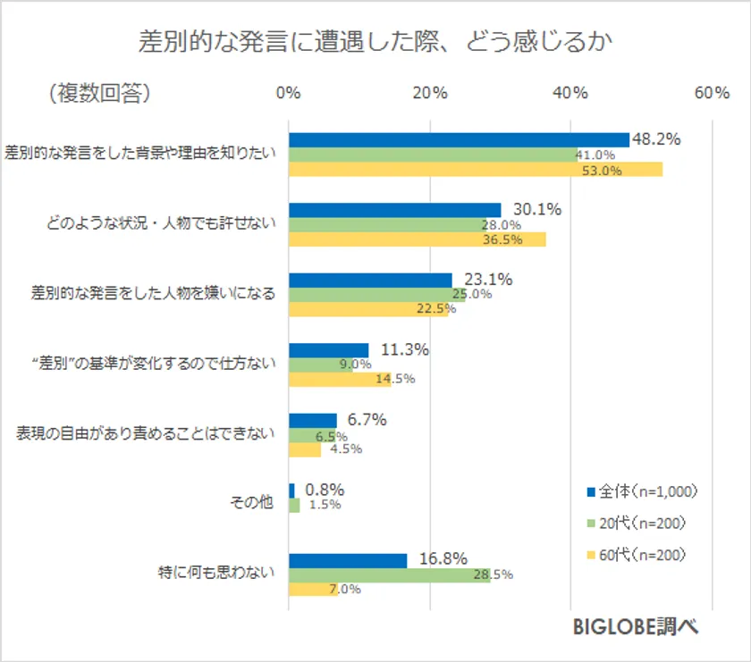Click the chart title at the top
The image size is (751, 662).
tap(375, 42)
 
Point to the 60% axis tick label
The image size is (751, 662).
tap(711, 94)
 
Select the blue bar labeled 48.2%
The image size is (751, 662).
tap(459, 139)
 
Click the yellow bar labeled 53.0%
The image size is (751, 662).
tap(475, 170)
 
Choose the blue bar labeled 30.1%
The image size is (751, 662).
tap(394, 210)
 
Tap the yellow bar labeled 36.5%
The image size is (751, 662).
tap(417, 239)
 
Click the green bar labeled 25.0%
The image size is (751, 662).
tap(376, 295)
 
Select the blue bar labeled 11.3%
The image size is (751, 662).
tap(328, 350)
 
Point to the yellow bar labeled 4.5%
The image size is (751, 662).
tap(304, 449)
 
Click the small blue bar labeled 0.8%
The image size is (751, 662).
tap(291, 490)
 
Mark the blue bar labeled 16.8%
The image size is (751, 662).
tap(348, 560)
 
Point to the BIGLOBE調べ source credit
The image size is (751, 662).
tap(636, 628)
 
